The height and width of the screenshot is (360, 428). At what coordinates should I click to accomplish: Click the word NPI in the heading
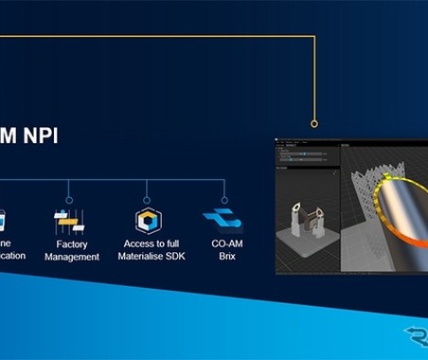point(41,135)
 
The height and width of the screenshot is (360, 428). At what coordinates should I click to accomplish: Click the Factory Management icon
point(71,222)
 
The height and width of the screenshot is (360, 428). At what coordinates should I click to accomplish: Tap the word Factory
point(72,243)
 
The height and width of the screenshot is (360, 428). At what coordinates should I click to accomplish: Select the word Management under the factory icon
point(72,257)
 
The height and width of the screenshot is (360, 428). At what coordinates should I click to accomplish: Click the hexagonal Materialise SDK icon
point(148,222)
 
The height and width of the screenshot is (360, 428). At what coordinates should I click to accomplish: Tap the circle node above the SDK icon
point(147,200)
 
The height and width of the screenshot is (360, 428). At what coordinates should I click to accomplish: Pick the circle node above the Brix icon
point(223,200)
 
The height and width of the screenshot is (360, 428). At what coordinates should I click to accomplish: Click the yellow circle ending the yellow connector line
point(314,123)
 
